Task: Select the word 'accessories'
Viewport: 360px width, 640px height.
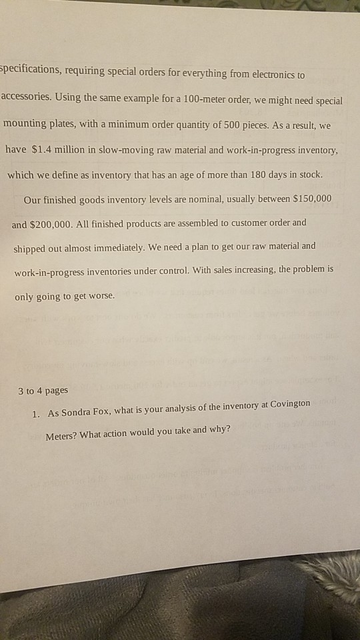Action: pyautogui.click(x=26, y=97)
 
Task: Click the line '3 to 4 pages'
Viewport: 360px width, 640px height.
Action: pyautogui.click(x=43, y=390)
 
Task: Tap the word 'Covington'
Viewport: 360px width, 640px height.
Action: pyautogui.click(x=284, y=405)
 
